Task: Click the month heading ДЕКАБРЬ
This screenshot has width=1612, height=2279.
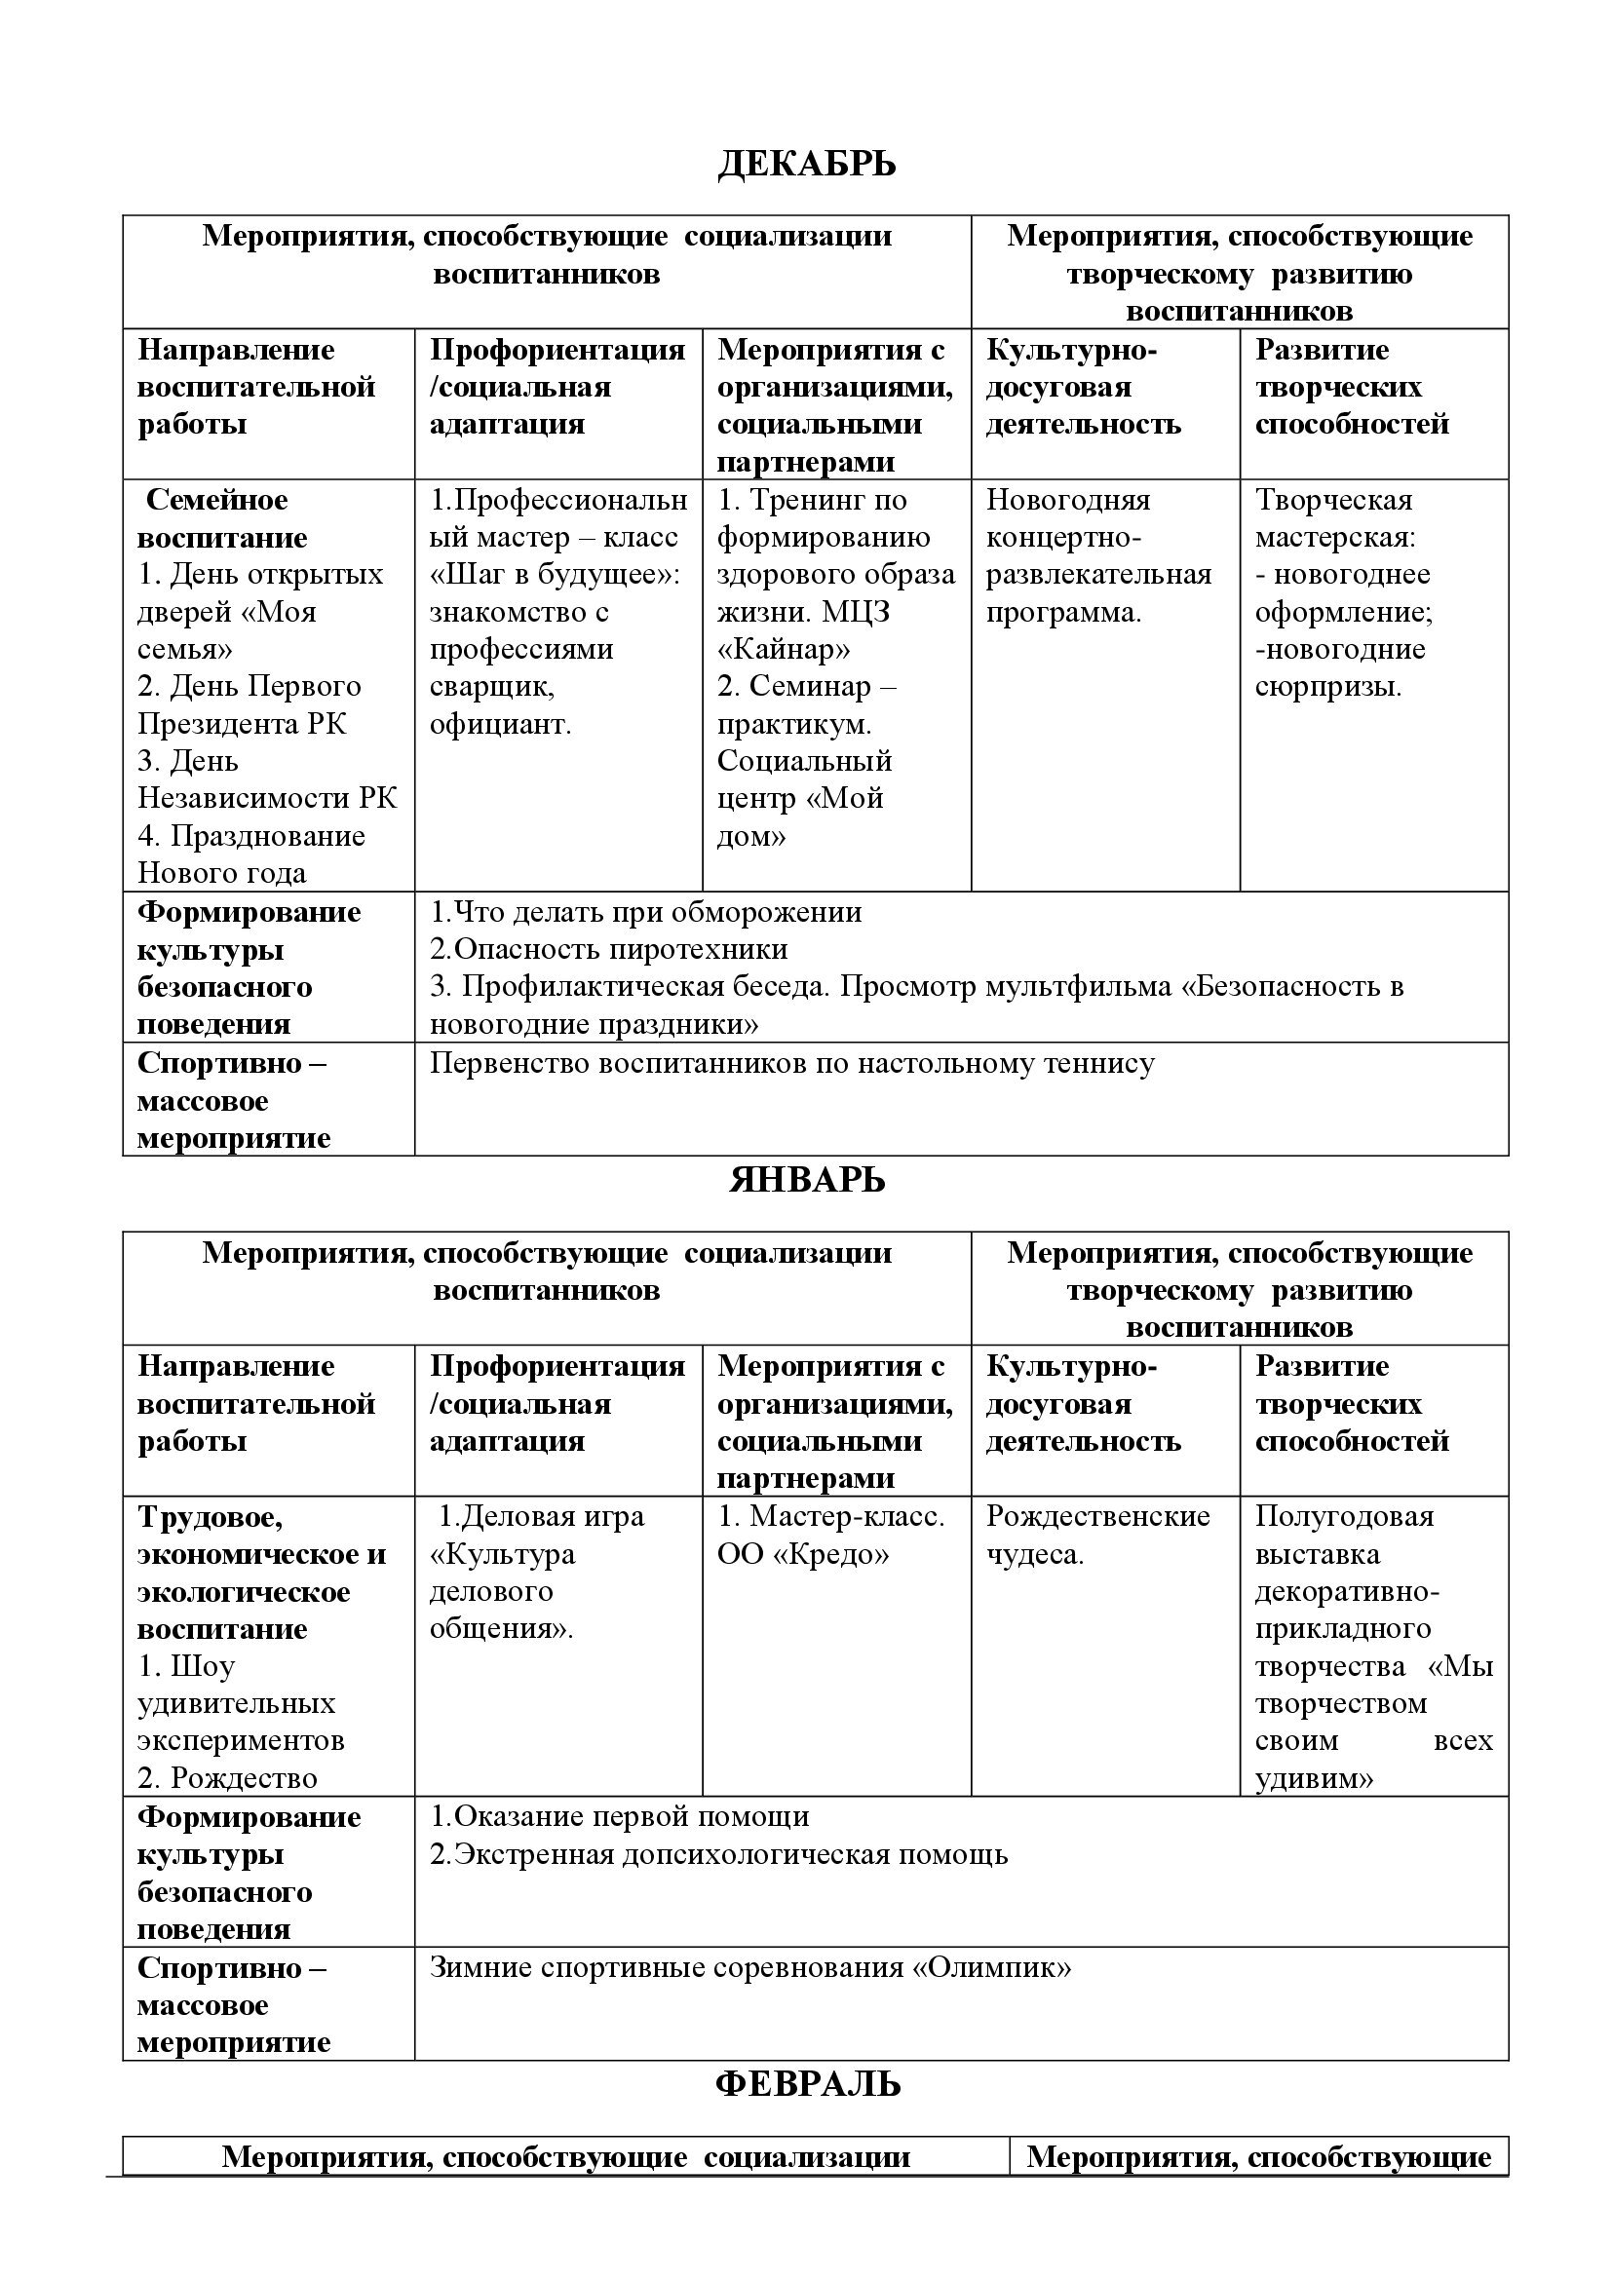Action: [806, 164]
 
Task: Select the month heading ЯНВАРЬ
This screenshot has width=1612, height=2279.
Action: [806, 1180]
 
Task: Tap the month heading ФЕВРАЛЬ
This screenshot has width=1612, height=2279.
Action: [807, 2083]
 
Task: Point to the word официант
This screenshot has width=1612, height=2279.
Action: [500, 724]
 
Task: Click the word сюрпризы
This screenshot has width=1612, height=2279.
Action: [1328, 687]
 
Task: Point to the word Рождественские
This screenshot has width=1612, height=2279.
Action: [1097, 1516]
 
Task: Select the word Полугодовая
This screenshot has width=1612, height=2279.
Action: [1344, 1516]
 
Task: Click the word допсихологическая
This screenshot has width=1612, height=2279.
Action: [754, 1854]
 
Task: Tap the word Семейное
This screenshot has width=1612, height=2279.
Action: [216, 499]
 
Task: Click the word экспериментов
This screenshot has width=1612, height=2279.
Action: [241, 1740]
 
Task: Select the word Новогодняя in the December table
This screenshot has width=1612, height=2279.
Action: [1068, 499]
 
